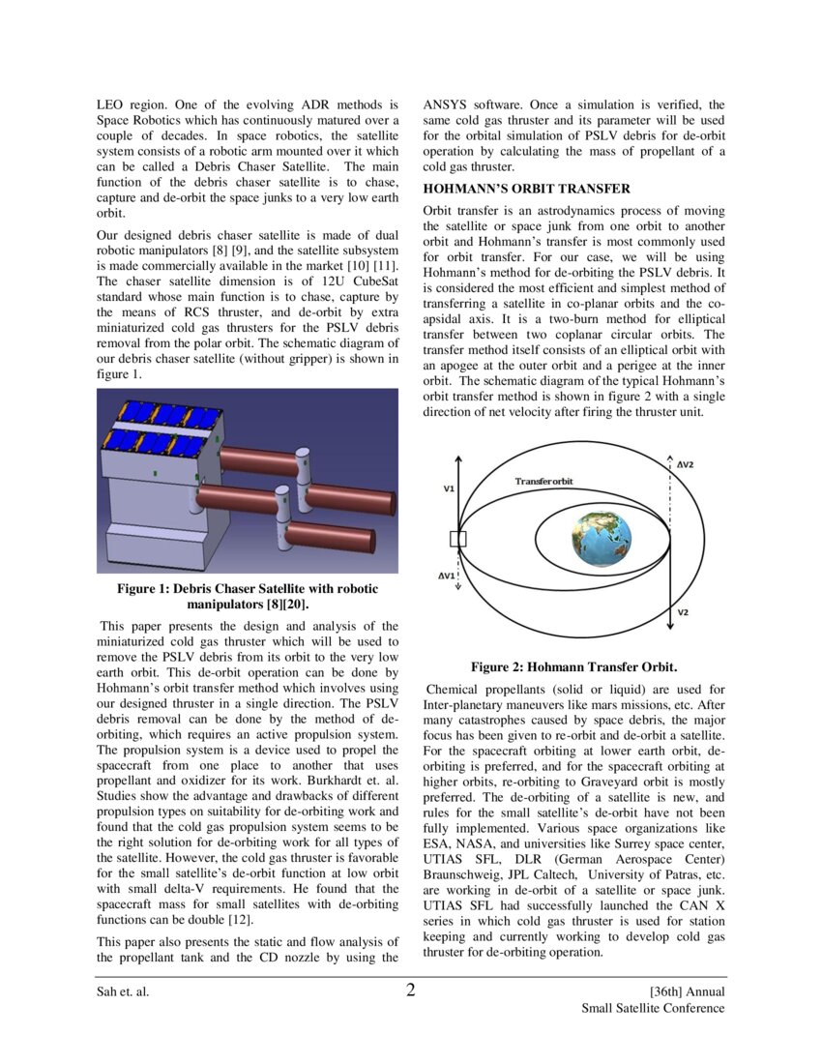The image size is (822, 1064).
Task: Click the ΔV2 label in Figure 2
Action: point(684,464)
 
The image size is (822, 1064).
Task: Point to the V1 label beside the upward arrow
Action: point(449,489)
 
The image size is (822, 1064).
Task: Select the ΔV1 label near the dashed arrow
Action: point(447,576)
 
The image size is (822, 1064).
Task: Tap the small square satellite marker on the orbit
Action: point(458,539)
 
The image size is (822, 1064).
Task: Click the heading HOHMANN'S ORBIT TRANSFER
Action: point(527,189)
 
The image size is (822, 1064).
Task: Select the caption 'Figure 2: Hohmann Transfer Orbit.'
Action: point(573,666)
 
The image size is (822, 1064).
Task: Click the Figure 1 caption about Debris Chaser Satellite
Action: point(248,596)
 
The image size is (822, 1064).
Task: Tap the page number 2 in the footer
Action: point(410,990)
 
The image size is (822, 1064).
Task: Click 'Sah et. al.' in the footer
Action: point(122,992)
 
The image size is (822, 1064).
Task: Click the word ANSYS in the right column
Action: point(446,104)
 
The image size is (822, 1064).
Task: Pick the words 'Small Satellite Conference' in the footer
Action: point(653,1008)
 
